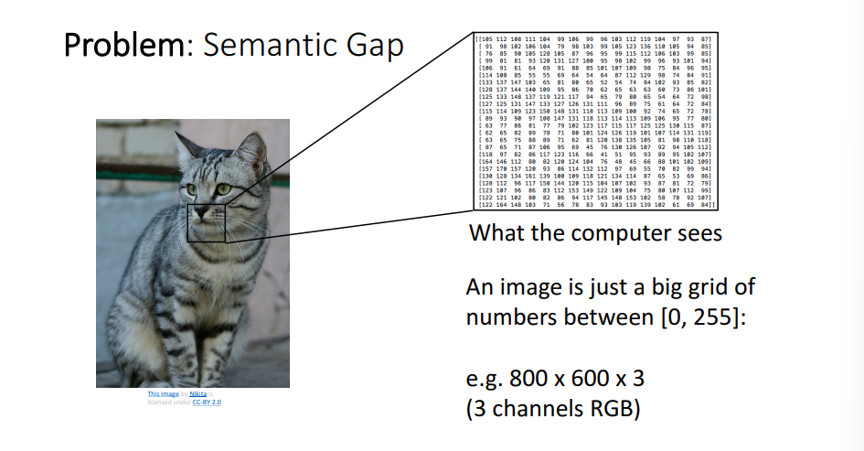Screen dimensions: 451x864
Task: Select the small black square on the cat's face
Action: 207,223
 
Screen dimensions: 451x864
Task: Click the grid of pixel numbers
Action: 593,123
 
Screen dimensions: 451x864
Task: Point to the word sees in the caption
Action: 699,233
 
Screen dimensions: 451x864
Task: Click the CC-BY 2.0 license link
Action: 206,402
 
